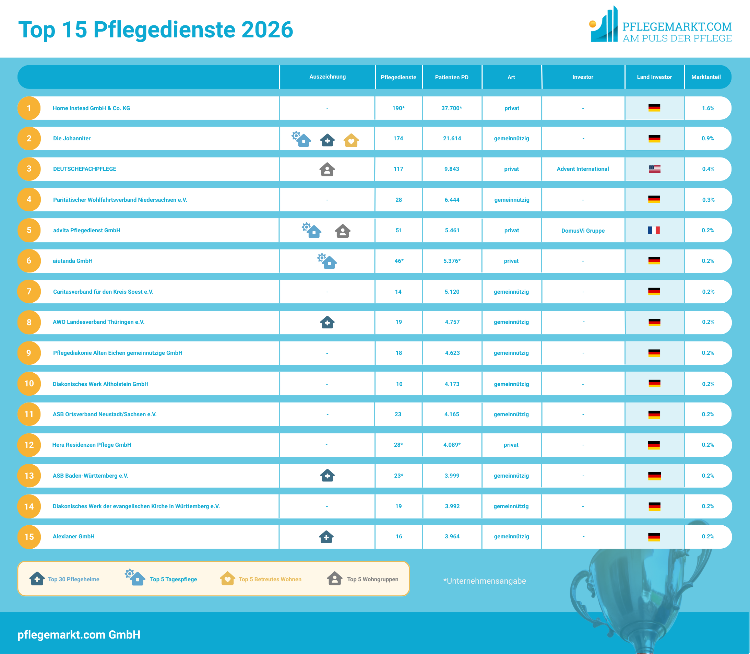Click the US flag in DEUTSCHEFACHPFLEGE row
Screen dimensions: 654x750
coord(654,169)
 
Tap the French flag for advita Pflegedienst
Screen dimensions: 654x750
coord(654,230)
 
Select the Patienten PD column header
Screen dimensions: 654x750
coord(452,77)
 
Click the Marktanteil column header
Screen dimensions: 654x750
coord(706,77)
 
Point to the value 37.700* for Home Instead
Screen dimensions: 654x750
coord(452,108)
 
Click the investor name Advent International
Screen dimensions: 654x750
coord(583,169)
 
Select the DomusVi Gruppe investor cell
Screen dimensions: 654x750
coord(583,231)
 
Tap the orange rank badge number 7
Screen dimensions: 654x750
coord(29,292)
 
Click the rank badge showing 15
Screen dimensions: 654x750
coord(29,537)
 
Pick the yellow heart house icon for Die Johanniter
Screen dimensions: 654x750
coord(351,140)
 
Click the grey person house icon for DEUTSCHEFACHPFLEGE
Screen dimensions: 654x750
coord(327,170)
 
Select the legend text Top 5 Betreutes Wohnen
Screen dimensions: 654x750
coord(270,579)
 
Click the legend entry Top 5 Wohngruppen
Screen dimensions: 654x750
coord(372,579)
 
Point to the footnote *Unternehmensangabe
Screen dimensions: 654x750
coord(485,581)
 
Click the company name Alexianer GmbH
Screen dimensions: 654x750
coord(74,537)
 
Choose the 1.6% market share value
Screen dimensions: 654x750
coord(708,108)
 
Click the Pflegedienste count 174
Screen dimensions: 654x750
coord(398,139)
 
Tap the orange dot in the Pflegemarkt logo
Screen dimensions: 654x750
coord(593,24)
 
